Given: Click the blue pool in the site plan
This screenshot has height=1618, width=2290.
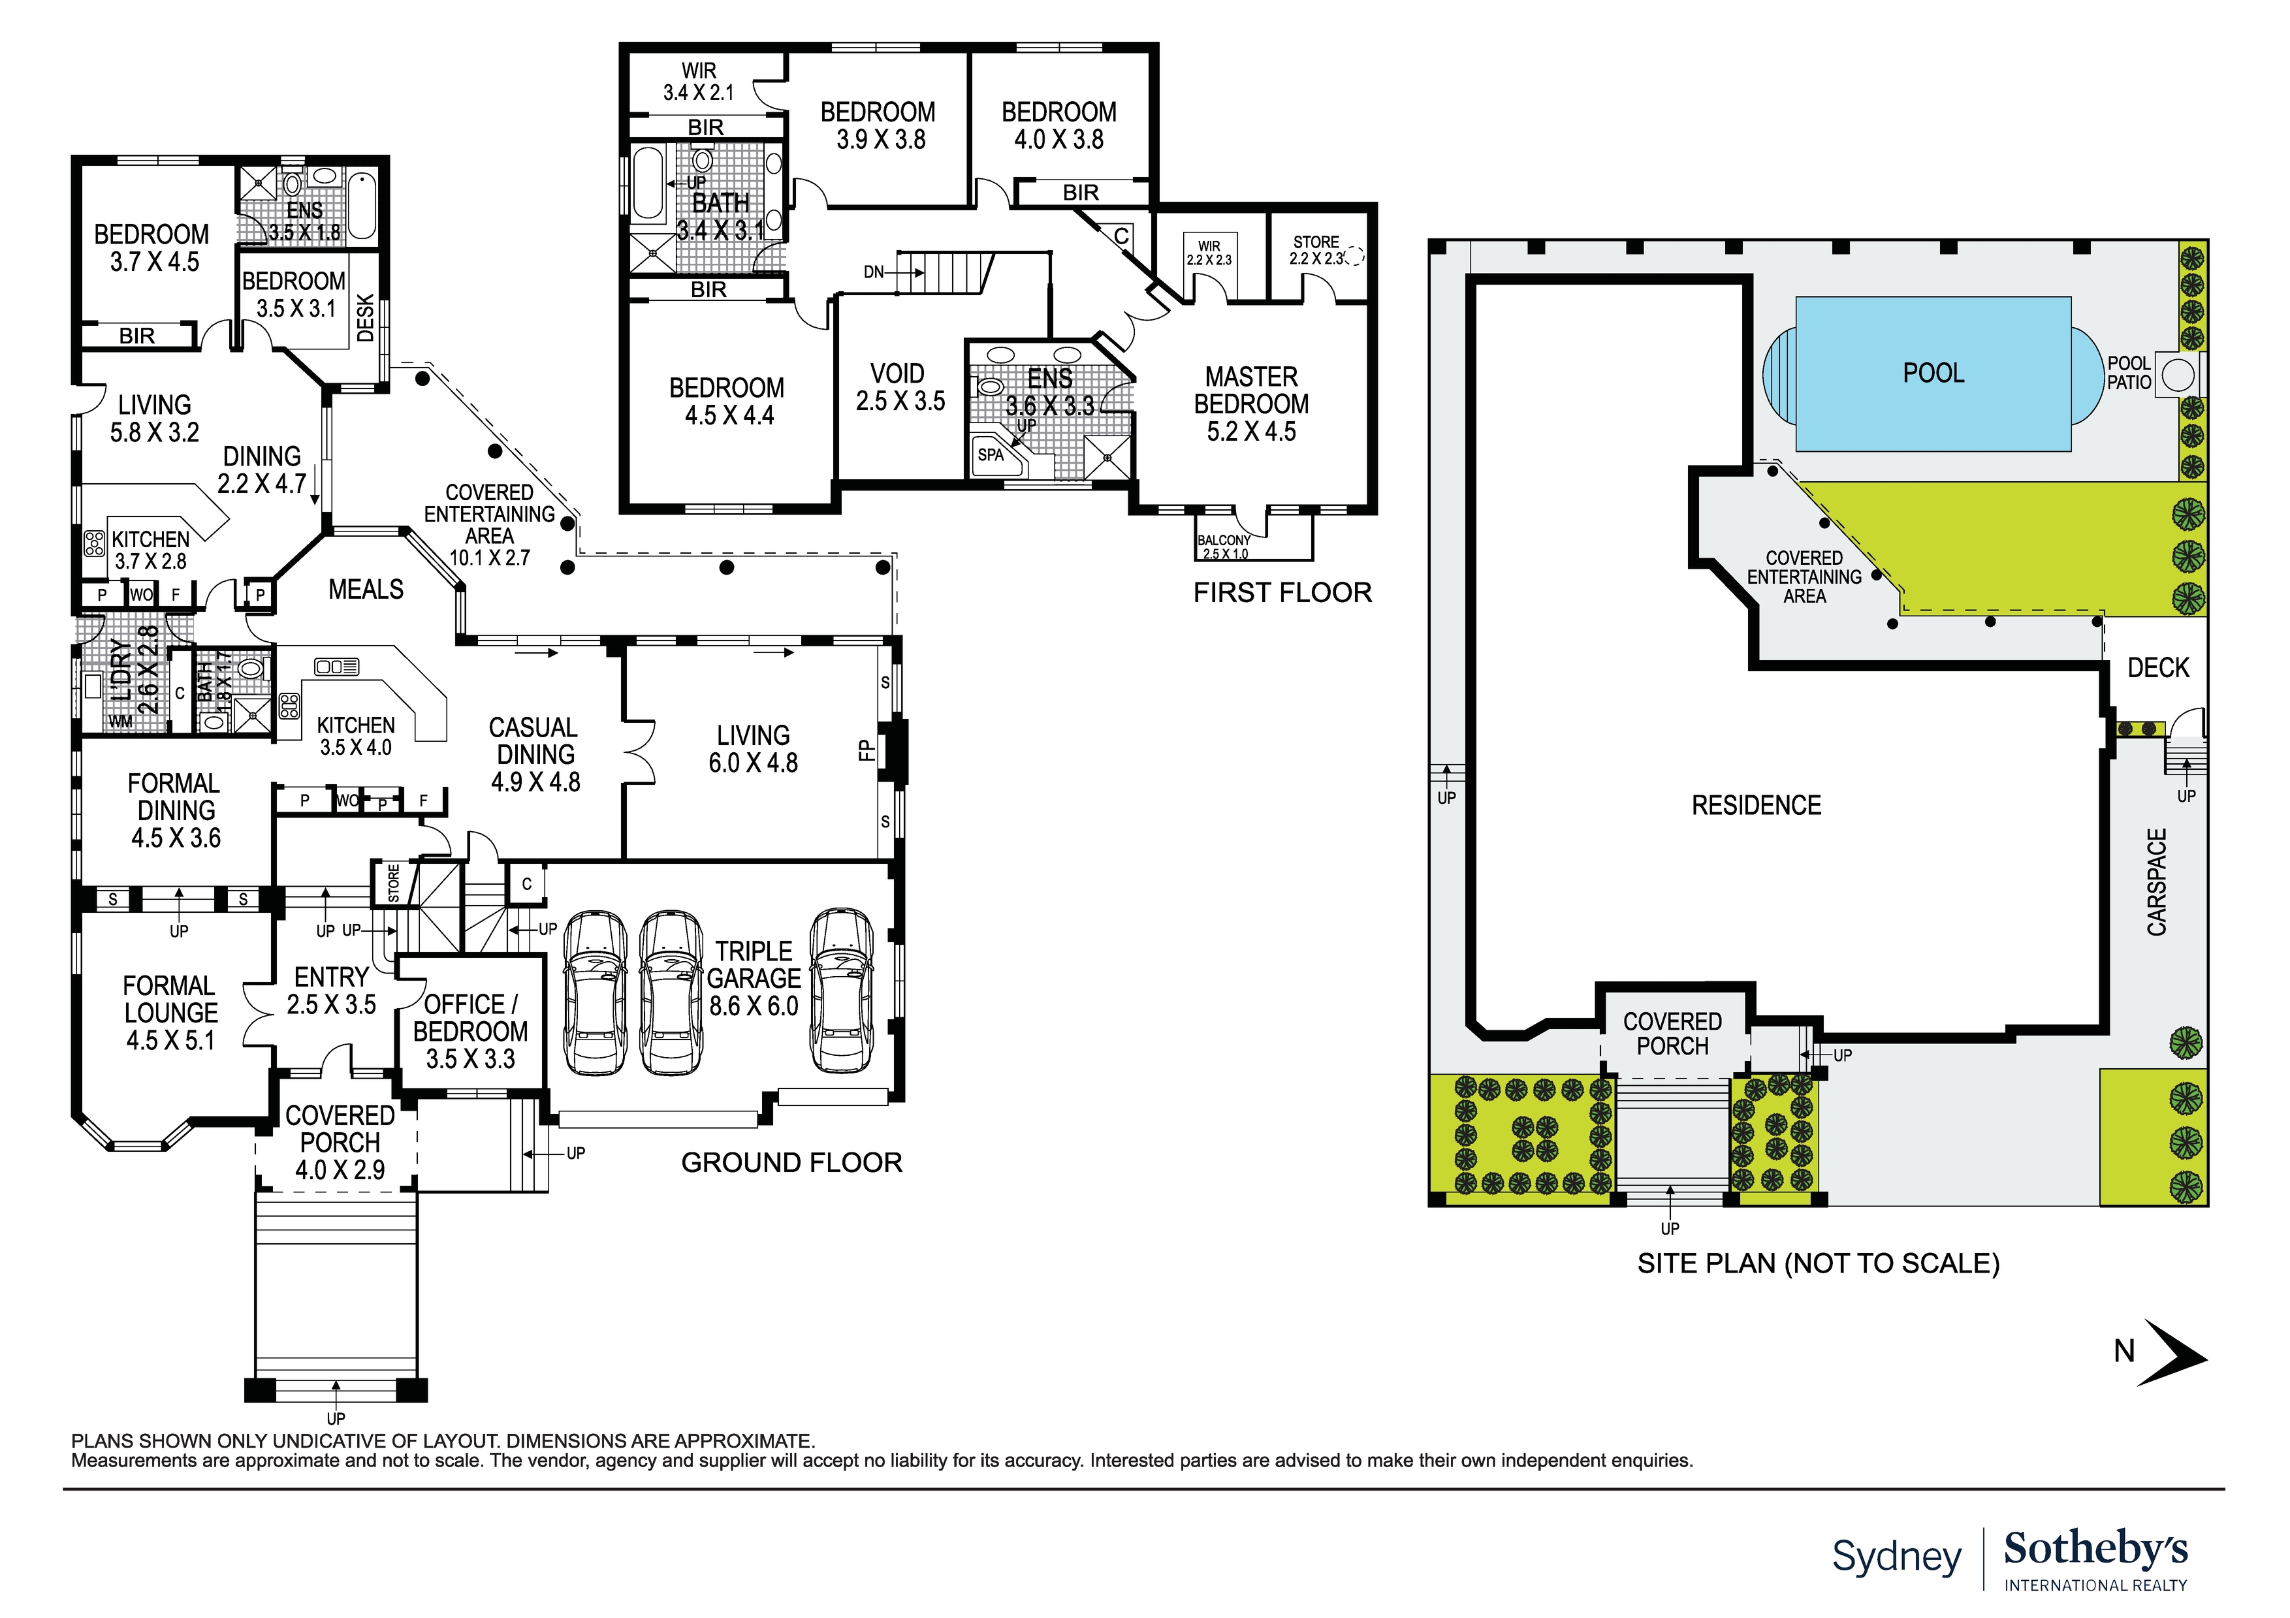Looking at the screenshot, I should click(x=1932, y=374).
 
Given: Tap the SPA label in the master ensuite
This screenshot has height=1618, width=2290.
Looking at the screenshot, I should click(x=991, y=456).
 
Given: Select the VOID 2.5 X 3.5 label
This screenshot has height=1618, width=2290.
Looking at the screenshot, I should click(x=899, y=387).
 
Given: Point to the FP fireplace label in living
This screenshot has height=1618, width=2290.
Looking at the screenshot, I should click(x=867, y=750).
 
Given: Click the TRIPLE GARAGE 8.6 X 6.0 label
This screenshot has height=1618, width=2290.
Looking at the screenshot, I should click(x=754, y=979).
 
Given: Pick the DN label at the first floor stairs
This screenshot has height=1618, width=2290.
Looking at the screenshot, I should click(x=873, y=272).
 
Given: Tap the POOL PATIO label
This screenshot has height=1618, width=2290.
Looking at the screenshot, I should click(x=2129, y=373).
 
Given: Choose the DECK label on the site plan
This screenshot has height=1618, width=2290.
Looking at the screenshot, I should click(x=2158, y=669).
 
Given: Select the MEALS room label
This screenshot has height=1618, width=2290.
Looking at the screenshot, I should click(x=366, y=590).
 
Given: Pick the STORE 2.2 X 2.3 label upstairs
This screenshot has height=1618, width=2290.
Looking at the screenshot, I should click(x=1316, y=250).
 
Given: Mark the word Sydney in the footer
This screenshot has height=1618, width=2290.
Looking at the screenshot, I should click(x=1896, y=1556).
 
